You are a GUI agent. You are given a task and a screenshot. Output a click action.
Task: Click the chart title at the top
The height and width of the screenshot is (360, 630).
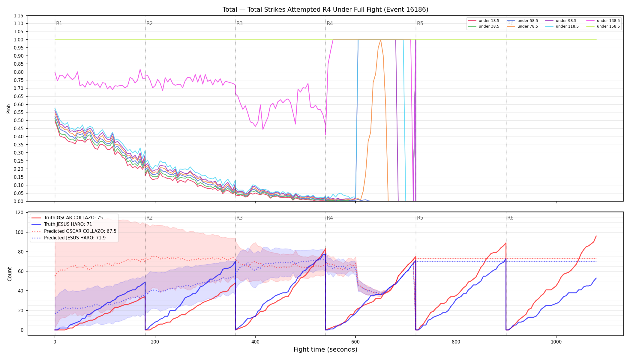pyautogui.click(x=325, y=10)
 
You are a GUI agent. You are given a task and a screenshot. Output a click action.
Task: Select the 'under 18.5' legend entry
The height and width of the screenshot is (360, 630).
pyautogui.click(x=484, y=21)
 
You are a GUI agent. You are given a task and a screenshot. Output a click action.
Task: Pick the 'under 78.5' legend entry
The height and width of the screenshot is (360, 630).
pyautogui.click(x=522, y=26)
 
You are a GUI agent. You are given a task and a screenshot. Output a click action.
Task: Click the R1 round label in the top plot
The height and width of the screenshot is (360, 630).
pyautogui.click(x=59, y=23)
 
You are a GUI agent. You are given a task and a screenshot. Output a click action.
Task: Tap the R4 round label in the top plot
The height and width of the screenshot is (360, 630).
pyautogui.click(x=330, y=23)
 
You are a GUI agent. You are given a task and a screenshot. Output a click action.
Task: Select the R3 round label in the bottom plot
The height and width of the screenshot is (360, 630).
pyautogui.click(x=239, y=218)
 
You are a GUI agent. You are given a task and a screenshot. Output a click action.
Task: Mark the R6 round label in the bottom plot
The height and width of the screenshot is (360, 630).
pyautogui.click(x=510, y=218)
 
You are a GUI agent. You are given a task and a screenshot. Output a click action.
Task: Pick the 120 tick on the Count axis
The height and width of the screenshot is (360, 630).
pyautogui.click(x=19, y=213)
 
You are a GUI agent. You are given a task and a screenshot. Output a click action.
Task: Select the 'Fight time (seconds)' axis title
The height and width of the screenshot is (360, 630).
pyautogui.click(x=325, y=349)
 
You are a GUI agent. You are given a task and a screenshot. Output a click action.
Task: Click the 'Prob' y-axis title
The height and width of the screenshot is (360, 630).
pyautogui.click(x=9, y=109)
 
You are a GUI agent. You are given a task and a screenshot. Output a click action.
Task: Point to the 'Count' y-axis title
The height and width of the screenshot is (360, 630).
pyautogui.click(x=10, y=274)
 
